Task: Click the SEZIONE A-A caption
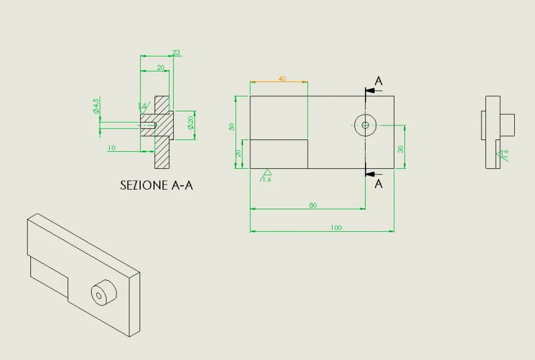[x=156, y=185]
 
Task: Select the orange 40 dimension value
[x=282, y=79]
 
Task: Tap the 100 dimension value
[x=336, y=228]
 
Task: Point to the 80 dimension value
[x=313, y=205]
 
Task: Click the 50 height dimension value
[x=232, y=127]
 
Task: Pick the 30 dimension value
[x=401, y=149]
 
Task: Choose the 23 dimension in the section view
[x=176, y=52]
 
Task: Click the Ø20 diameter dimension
[x=191, y=122]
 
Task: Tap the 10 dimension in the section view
[x=111, y=148]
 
